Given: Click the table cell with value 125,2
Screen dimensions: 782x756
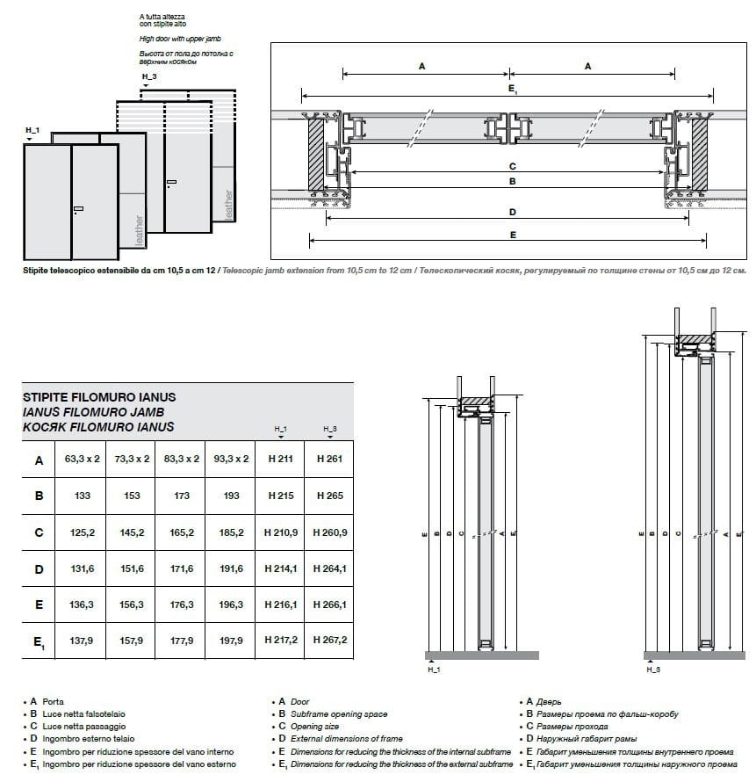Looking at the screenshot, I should coord(82,532).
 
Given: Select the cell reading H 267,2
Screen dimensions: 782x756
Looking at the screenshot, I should coord(329,641).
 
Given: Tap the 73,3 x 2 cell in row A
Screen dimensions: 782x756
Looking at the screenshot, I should coord(132,459).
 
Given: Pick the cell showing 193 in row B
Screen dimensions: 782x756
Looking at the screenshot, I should coord(231,496).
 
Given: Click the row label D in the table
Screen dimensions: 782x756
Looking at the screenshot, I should coord(39,569).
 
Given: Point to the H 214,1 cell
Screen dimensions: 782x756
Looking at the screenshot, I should coord(280,569).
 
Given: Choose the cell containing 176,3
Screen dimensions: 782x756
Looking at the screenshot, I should coord(182,605).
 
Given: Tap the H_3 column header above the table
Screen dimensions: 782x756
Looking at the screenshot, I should coord(329,429).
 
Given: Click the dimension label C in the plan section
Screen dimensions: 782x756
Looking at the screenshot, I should coord(511,166).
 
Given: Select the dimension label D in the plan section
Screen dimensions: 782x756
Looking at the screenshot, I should coord(511,212).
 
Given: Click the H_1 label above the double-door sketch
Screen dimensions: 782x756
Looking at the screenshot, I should coord(32,131).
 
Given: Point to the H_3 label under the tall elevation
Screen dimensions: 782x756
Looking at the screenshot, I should coord(652,670).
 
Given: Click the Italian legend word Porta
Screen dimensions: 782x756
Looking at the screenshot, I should coord(53,702).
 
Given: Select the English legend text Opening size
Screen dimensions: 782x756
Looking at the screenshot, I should coord(315,728).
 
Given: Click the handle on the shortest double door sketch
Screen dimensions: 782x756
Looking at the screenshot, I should coord(79,209).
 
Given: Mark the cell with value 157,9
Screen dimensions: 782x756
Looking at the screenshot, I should coord(132,641).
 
